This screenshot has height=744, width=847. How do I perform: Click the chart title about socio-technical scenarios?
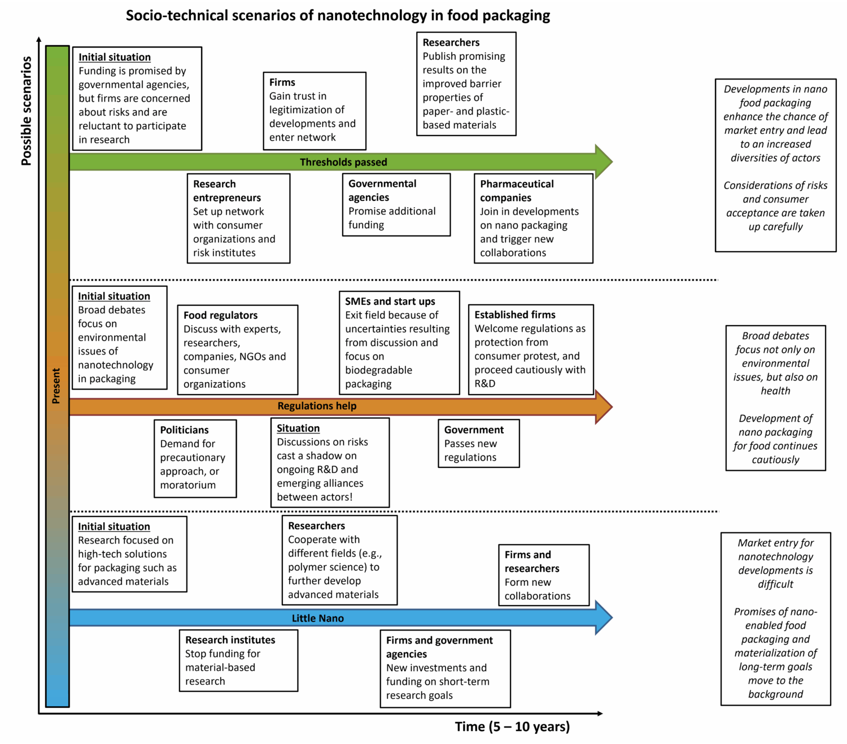pyautogui.click(x=338, y=16)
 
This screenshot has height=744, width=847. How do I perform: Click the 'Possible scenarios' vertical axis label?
pyautogui.click(x=26, y=111)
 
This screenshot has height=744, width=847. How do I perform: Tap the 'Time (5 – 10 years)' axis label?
pyautogui.click(x=512, y=727)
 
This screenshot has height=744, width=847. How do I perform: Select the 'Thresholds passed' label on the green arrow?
pyautogui.click(x=343, y=162)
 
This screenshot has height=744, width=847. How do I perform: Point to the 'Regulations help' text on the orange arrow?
pyautogui.click(x=317, y=406)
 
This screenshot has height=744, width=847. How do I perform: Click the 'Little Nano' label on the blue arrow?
pyautogui.click(x=317, y=618)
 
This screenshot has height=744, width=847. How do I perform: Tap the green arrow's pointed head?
pyautogui.click(x=604, y=161)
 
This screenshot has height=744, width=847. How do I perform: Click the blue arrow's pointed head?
pyautogui.click(x=604, y=618)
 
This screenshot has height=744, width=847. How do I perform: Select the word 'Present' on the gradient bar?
pyautogui.click(x=56, y=386)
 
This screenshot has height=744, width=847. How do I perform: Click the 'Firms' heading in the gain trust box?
pyautogui.click(x=282, y=82)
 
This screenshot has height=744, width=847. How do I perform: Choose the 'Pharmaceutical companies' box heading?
pyautogui.click(x=516, y=191)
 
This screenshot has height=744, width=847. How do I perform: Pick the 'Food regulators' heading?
pyautogui.click(x=220, y=316)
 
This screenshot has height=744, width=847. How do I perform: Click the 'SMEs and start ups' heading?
pyautogui.click(x=390, y=301)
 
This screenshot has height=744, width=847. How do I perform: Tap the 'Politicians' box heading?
pyautogui.click(x=184, y=430)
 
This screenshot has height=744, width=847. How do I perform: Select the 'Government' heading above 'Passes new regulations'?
pyautogui.click(x=474, y=430)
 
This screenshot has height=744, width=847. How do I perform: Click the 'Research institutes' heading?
pyautogui.click(x=230, y=640)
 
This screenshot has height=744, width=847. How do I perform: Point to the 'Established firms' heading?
pyautogui.click(x=514, y=315)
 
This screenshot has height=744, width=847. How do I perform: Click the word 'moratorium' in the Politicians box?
pyautogui.click(x=187, y=485)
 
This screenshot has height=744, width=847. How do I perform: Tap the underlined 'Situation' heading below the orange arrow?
pyautogui.click(x=298, y=428)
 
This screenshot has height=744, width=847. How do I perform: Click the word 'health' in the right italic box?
pyautogui.click(x=775, y=391)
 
